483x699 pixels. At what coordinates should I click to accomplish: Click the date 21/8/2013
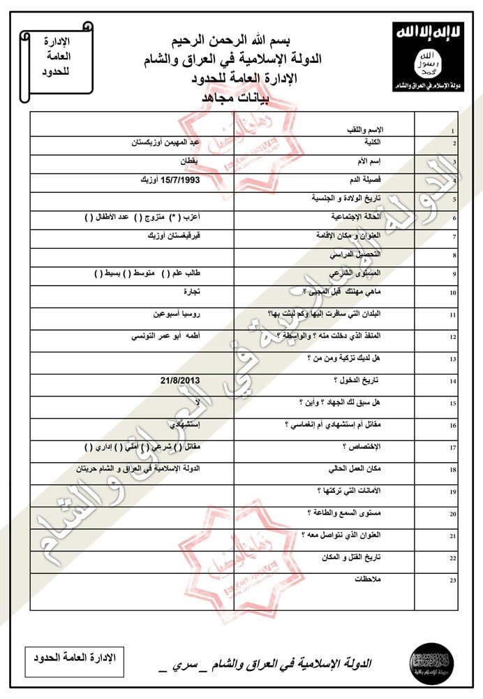[179, 380]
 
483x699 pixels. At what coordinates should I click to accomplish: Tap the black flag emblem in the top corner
[427, 57]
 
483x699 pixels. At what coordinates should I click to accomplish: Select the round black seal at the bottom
[431, 661]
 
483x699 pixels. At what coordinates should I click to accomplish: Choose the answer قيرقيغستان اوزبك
[171, 236]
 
